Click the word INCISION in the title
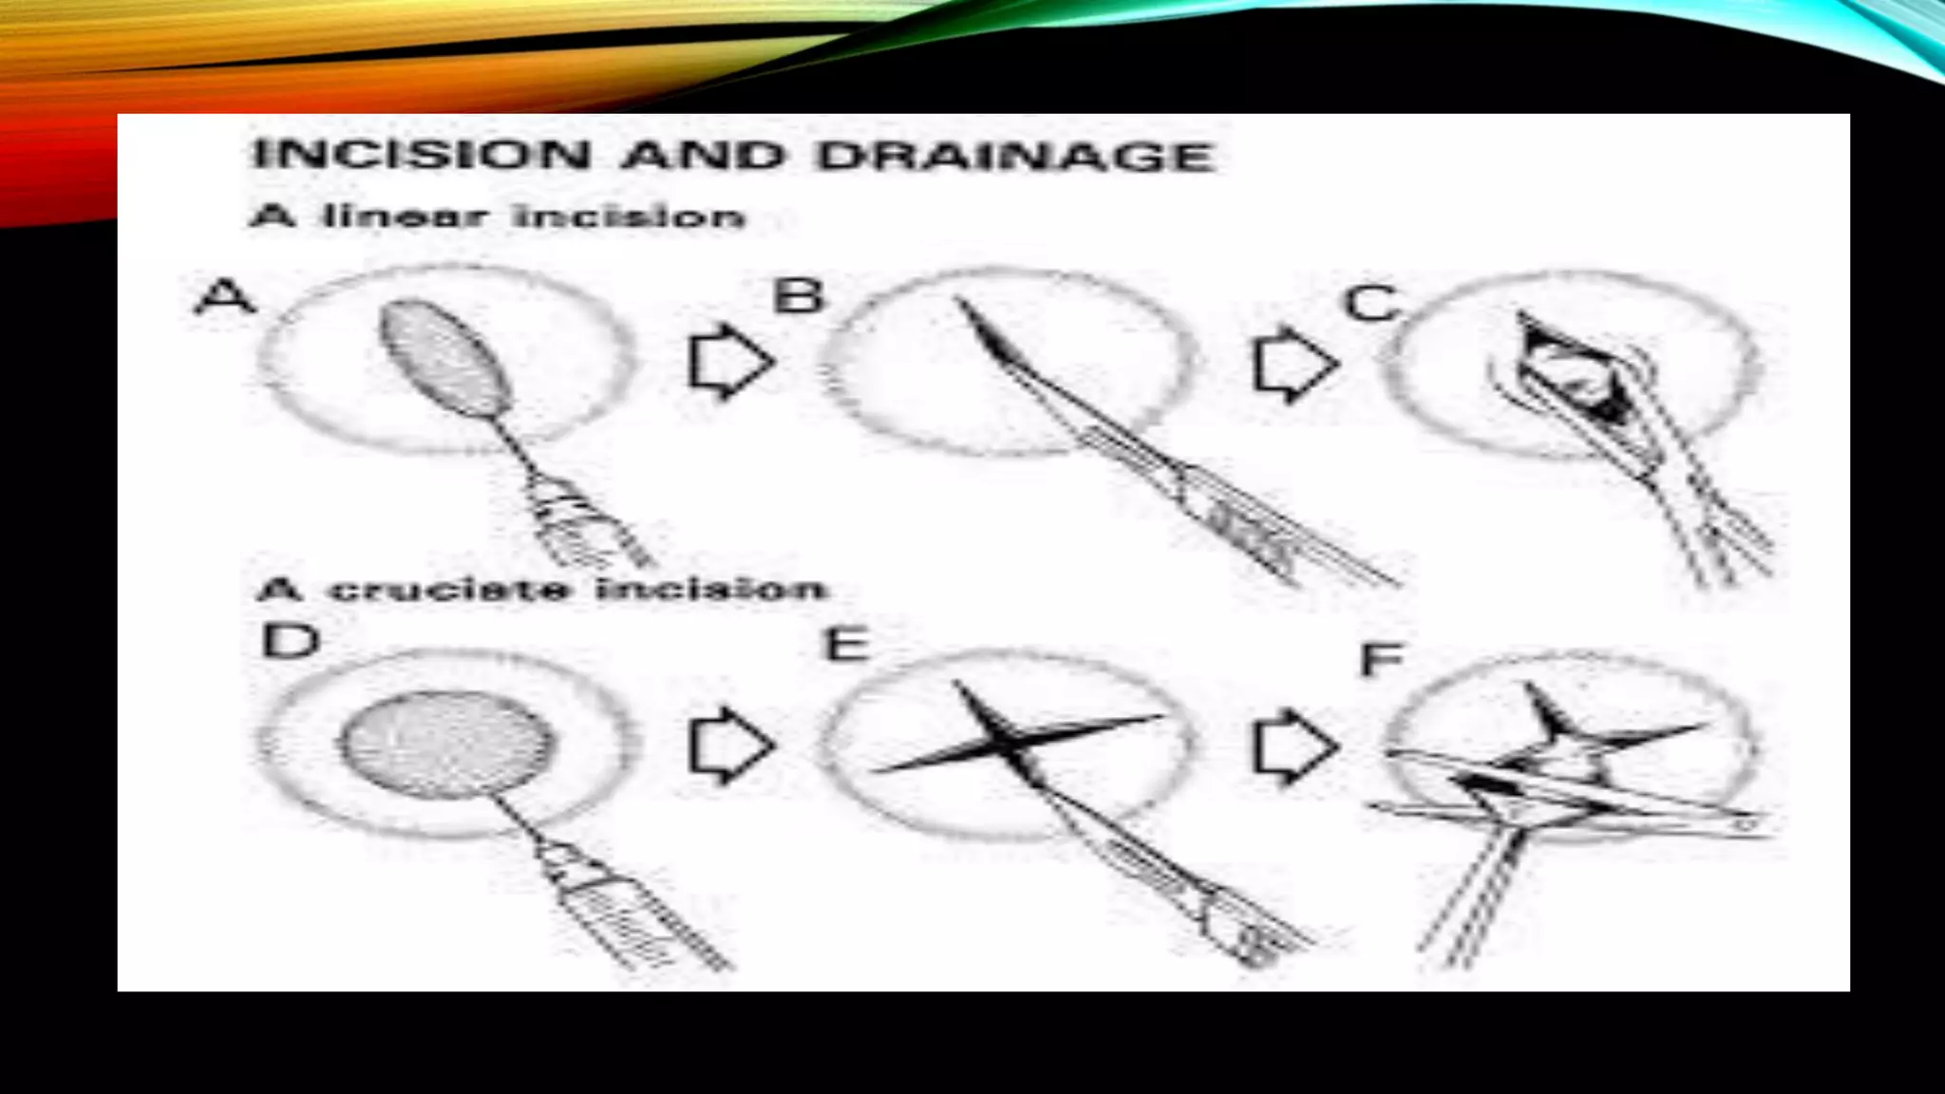tap(422, 155)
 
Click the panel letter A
tap(225, 296)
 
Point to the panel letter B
tap(798, 295)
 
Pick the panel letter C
tap(1371, 304)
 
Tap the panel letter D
tap(290, 641)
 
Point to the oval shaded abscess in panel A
tap(444, 359)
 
